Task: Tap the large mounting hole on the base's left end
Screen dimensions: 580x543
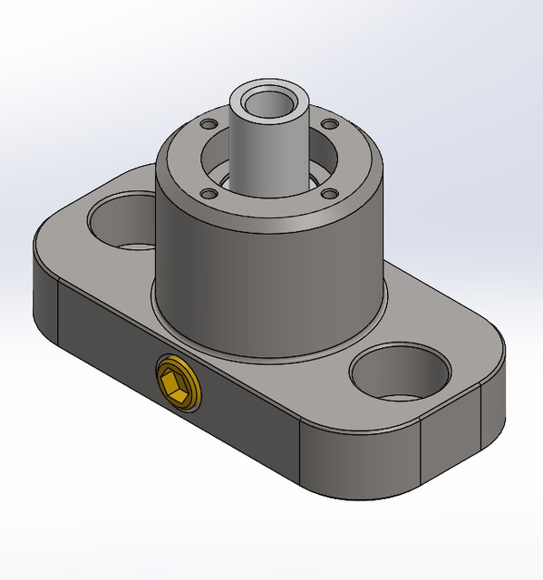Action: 121,219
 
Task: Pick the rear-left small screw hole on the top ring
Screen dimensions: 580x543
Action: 208,123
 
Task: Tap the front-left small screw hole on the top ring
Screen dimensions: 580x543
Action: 209,193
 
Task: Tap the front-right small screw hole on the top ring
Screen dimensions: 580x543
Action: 330,191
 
